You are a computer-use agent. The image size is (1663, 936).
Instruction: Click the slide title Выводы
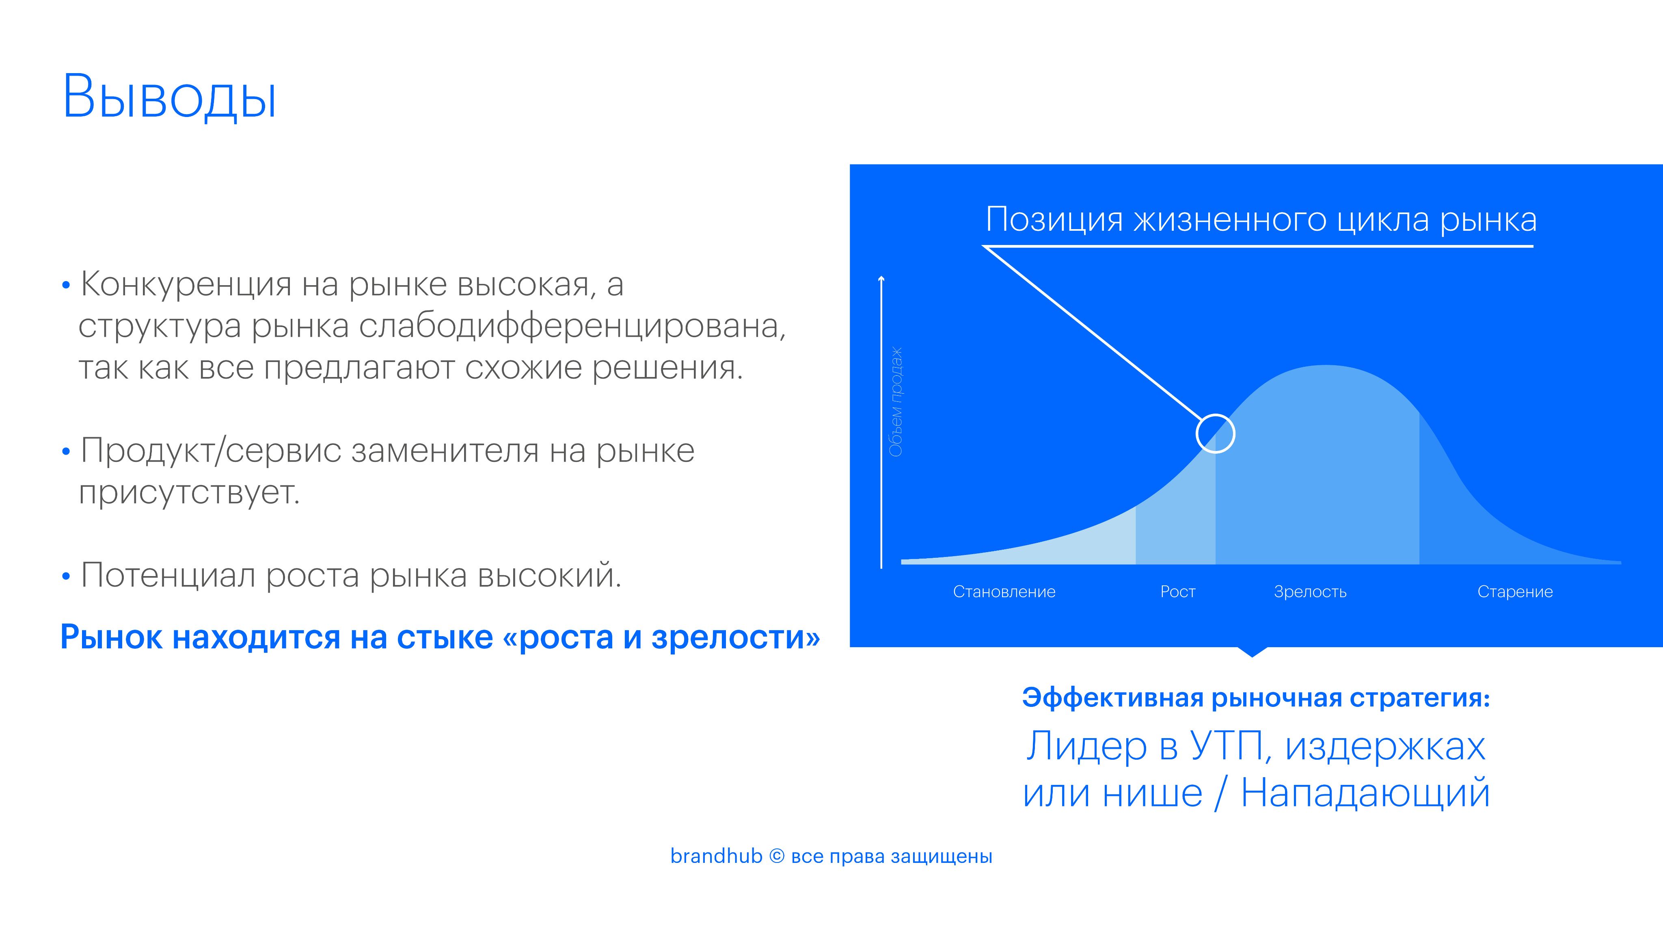pyautogui.click(x=169, y=97)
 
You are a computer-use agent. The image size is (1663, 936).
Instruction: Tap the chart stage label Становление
pyautogui.click(x=1004, y=591)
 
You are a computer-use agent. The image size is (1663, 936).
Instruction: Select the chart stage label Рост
pyautogui.click(x=1177, y=591)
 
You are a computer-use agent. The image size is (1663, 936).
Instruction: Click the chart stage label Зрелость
pyautogui.click(x=1310, y=591)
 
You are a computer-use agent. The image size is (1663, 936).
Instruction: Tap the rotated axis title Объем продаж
pyautogui.click(x=896, y=402)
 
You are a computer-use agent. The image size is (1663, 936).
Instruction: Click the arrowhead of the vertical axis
pyautogui.click(x=881, y=279)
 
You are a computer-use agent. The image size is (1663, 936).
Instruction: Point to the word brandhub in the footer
pyautogui.click(x=716, y=856)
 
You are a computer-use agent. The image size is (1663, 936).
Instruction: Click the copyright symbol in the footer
pyautogui.click(x=777, y=856)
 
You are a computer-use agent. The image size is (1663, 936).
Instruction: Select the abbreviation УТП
pyautogui.click(x=1226, y=746)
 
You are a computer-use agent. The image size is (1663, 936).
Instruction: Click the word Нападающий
pyautogui.click(x=1365, y=794)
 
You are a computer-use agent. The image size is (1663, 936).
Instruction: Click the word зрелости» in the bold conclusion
pyautogui.click(x=736, y=637)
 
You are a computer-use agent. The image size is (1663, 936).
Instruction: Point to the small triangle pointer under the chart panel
pyautogui.click(x=1252, y=651)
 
